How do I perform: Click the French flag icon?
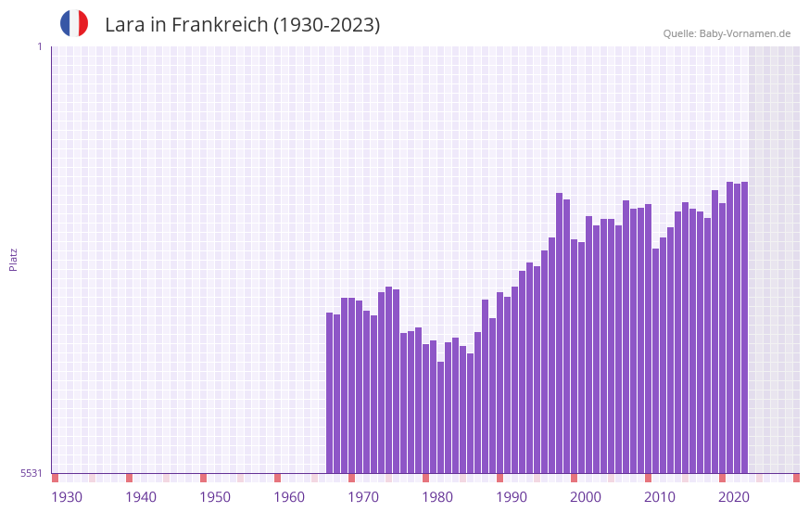(x=74, y=24)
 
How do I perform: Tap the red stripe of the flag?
(x=83, y=24)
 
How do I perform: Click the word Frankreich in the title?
(x=218, y=25)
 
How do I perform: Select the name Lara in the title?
(x=124, y=25)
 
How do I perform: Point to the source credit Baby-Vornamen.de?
(x=727, y=33)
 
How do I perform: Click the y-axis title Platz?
(x=13, y=259)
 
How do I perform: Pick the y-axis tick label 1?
(x=39, y=46)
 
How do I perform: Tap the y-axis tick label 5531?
(x=32, y=473)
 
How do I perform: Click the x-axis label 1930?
(x=67, y=497)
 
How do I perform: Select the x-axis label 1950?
(x=215, y=497)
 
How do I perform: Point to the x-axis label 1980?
(x=437, y=497)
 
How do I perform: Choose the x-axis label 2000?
(x=586, y=497)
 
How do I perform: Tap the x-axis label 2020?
(x=734, y=497)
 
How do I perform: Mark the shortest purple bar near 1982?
(x=440, y=417)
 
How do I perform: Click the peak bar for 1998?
(x=559, y=333)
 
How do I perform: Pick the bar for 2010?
(x=655, y=361)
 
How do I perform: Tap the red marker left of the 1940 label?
(x=129, y=478)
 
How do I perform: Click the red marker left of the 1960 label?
(x=277, y=478)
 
